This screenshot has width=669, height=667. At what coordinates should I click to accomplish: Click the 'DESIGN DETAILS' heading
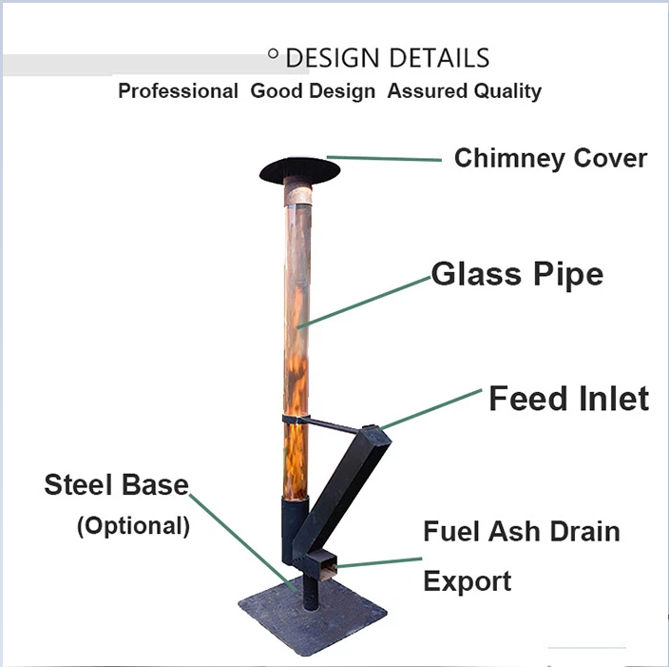(x=387, y=58)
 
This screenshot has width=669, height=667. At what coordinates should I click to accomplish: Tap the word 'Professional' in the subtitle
(x=178, y=92)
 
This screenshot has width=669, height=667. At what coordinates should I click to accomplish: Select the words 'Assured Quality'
(x=464, y=92)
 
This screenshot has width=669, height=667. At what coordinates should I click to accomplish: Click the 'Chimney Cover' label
(x=550, y=158)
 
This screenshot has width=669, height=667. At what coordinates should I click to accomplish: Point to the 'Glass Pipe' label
(x=517, y=275)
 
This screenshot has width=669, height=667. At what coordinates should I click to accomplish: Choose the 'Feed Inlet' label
(x=568, y=399)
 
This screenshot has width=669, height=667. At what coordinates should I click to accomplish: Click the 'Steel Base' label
(x=116, y=484)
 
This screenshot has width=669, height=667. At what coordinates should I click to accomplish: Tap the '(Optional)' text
(x=133, y=525)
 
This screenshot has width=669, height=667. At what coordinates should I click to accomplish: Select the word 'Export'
(x=467, y=580)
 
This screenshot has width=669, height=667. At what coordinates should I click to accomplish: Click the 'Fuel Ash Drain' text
(x=521, y=531)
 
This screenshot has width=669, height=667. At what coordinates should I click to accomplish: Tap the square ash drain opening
(x=327, y=568)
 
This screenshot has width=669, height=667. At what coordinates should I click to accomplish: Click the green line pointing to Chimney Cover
(x=384, y=158)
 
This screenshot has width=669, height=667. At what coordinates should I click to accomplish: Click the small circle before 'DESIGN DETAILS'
(x=273, y=55)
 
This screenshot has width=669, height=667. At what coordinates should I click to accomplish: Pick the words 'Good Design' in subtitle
(x=313, y=92)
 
